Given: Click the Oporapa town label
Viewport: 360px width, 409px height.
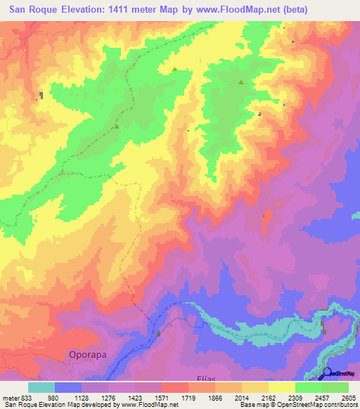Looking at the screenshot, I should point(88,355).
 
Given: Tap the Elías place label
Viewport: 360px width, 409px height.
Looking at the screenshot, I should point(200,377).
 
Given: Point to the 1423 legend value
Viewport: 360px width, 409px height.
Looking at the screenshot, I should point(135,397).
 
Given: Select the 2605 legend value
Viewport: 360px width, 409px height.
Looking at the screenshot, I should point(349,397).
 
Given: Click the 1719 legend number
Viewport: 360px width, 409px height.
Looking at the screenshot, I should point(188,397).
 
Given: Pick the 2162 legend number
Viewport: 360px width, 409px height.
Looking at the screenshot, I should point(269,397).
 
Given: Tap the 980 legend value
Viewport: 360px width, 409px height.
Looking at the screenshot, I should point(55,397).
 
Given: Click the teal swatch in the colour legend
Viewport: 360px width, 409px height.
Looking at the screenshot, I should point(41,387).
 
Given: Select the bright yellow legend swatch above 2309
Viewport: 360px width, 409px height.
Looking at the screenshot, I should point(282,387).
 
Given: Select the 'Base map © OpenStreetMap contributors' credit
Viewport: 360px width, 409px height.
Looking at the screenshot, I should point(298,405).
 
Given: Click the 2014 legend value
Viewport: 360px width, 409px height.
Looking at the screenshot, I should point(242,397).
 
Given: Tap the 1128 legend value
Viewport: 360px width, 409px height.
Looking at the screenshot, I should point(82,397).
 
